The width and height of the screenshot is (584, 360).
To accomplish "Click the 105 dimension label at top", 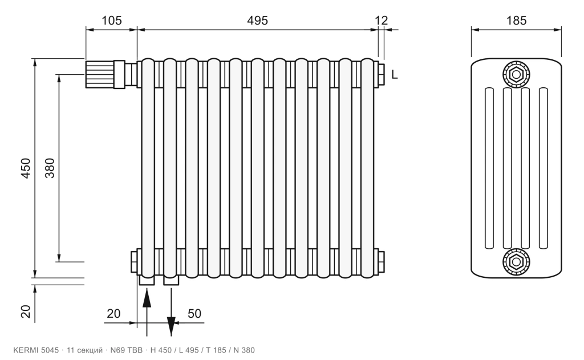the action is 112,20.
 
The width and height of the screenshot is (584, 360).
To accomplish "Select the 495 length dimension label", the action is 257,20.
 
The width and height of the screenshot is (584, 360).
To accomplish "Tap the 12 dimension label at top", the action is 381,20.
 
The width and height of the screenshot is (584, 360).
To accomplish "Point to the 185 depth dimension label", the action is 516,20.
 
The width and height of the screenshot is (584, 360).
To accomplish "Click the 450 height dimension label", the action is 25,168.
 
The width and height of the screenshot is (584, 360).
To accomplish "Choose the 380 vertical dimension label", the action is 50,168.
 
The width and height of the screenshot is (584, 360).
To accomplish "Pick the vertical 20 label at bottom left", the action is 25,311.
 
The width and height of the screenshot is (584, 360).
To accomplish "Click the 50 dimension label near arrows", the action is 194,314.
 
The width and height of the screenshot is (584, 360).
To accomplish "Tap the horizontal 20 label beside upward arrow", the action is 113,314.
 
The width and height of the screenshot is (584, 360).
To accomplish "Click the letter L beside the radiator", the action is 395,75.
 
